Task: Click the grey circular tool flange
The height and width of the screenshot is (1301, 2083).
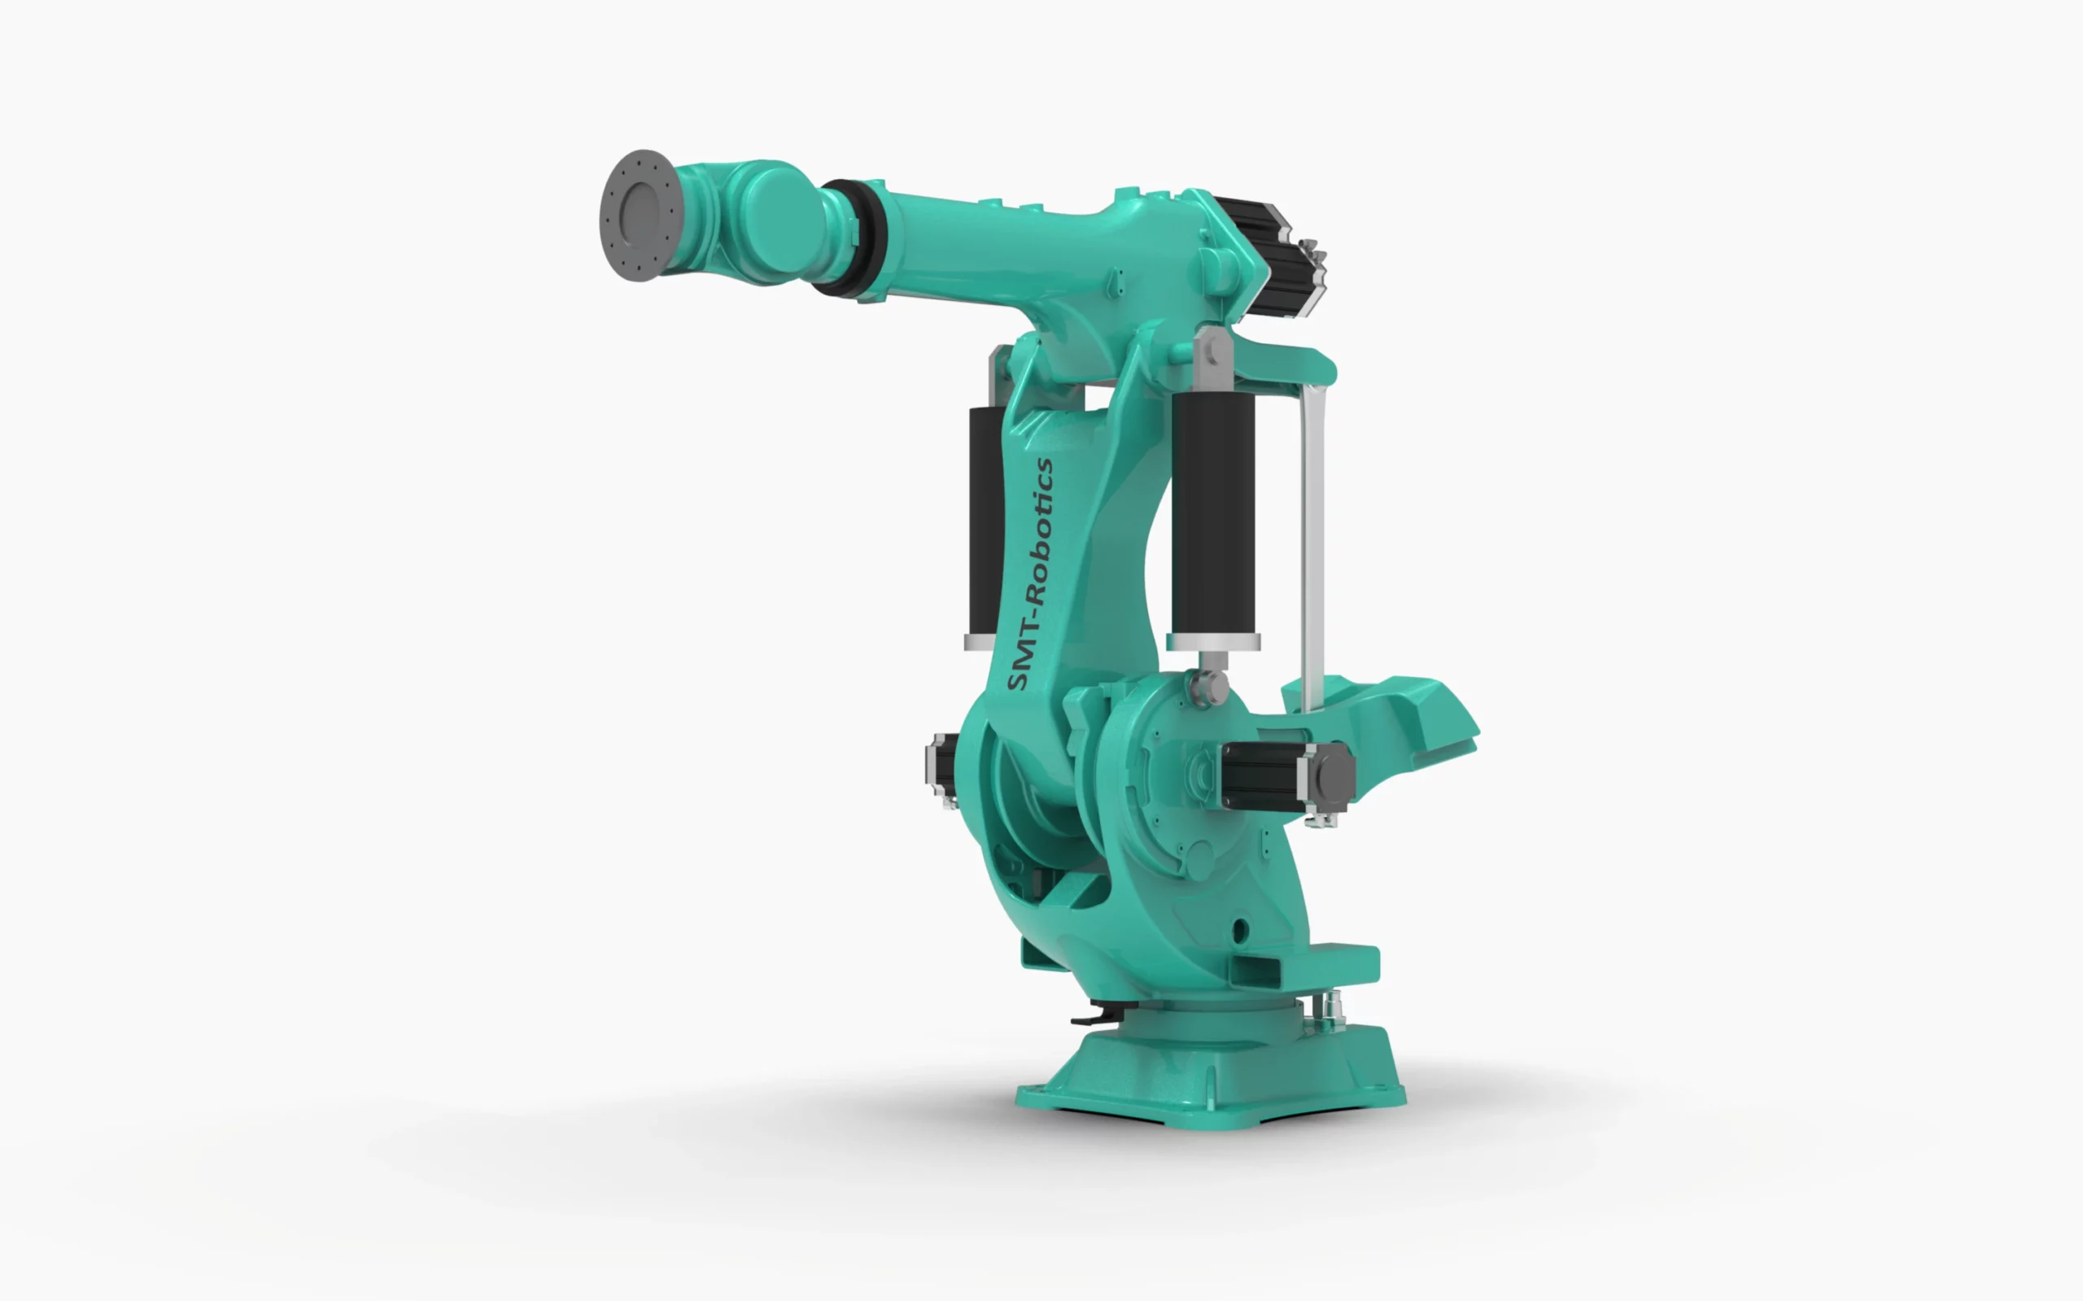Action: tap(641, 215)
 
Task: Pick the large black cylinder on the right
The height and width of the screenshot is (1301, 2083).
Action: tap(1212, 513)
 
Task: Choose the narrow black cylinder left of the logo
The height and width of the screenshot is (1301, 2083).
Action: tap(986, 522)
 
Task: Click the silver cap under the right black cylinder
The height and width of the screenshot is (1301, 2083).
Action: tap(1213, 642)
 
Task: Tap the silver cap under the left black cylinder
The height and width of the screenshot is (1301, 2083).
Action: tap(980, 643)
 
